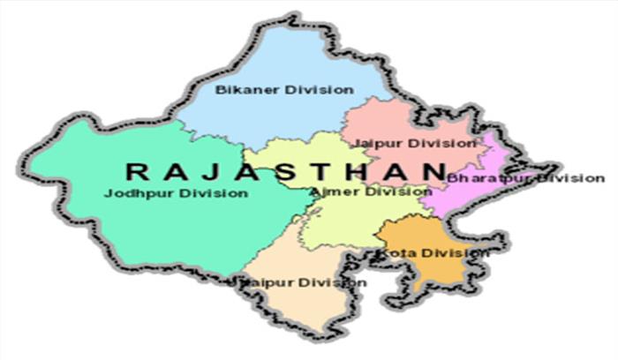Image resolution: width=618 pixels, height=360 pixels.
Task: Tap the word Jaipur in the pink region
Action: point(372,142)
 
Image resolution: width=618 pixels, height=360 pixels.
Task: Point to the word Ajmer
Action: point(328,191)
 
